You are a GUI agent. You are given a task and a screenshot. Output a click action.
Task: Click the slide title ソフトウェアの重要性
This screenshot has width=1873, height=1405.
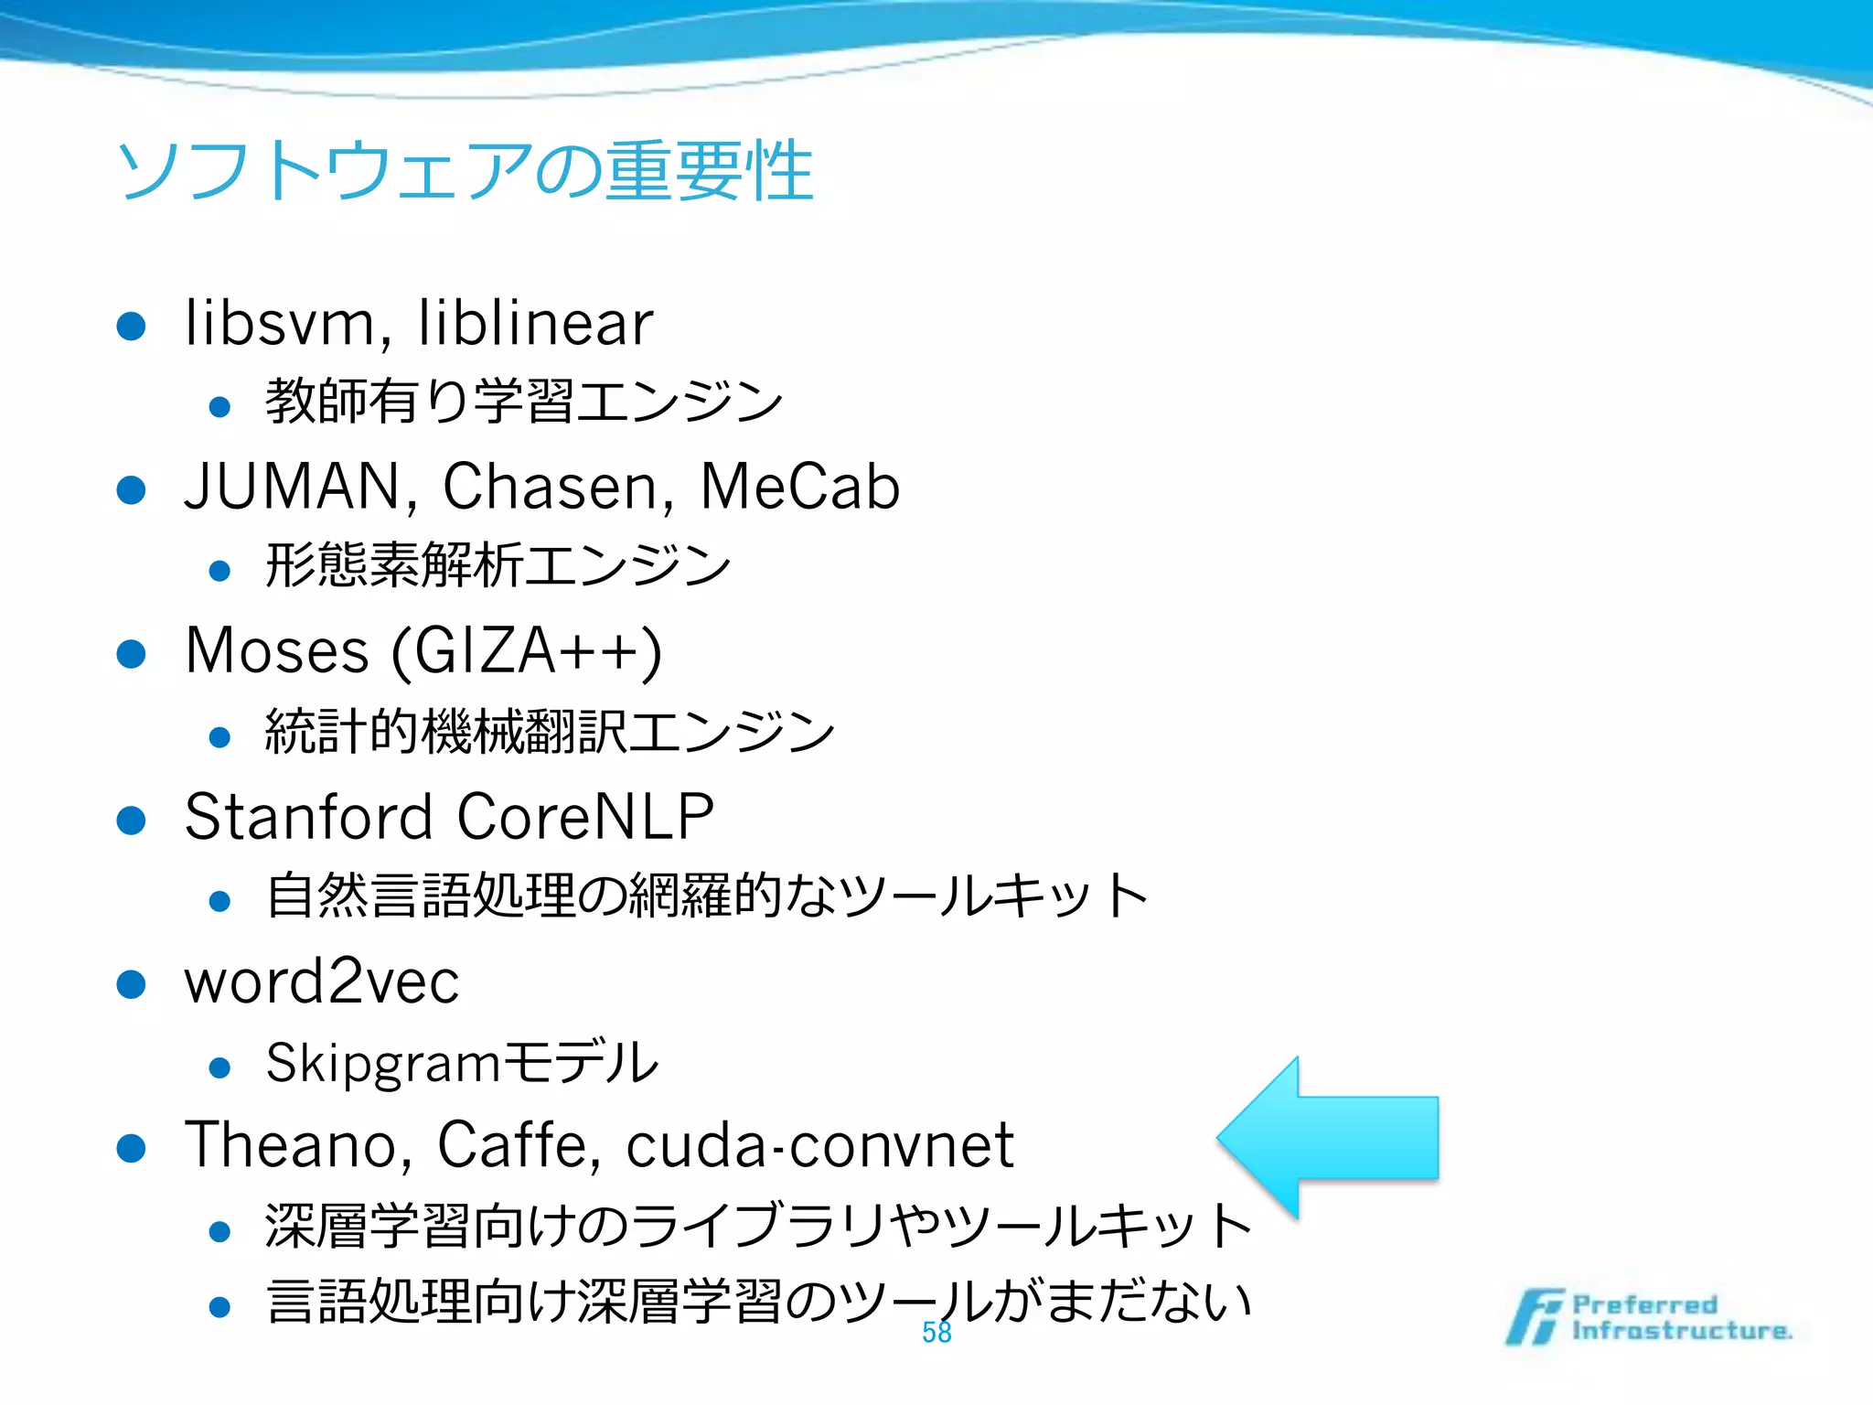point(465,171)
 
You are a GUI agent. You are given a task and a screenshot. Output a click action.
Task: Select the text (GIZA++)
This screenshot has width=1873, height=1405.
point(527,652)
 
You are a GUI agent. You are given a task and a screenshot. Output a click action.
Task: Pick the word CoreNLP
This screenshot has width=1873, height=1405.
point(585,816)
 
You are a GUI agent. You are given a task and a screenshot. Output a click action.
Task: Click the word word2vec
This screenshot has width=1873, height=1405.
point(322,981)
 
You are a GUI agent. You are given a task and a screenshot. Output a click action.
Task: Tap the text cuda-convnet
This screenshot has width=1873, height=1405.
point(819,1144)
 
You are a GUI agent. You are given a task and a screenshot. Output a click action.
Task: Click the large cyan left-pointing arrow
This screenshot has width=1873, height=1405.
point(1326,1138)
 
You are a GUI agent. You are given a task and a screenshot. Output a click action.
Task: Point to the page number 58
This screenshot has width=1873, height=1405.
point(936,1333)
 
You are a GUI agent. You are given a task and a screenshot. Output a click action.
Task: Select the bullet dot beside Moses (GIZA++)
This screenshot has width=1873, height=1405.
point(132,654)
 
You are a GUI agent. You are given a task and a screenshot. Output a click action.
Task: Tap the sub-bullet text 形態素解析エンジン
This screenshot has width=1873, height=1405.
point(498,565)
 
